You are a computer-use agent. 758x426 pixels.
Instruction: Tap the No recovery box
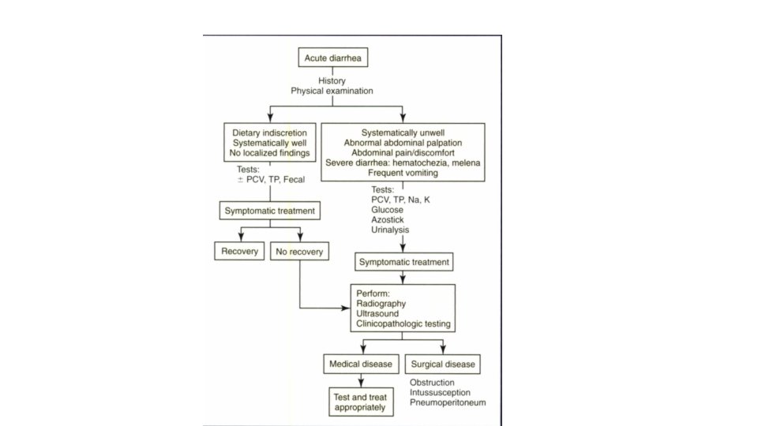[x=299, y=252]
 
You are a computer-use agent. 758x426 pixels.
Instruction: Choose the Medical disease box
[x=359, y=364]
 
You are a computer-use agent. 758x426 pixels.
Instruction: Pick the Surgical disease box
[x=442, y=364]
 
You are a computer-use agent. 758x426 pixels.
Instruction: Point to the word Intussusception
[x=441, y=393]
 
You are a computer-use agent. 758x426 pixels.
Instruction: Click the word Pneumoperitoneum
[x=447, y=403]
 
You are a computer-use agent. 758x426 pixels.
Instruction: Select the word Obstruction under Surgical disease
[x=432, y=383]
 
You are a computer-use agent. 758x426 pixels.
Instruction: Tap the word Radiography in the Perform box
[x=381, y=302]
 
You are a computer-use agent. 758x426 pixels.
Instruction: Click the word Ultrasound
[x=377, y=313]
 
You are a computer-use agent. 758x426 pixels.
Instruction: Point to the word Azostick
[x=388, y=221]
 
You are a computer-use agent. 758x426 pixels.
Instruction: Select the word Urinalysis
[x=391, y=231]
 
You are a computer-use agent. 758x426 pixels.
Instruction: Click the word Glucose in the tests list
[x=388, y=211]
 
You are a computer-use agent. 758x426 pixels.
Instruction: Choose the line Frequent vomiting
[x=403, y=172]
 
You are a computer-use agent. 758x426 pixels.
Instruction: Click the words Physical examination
[x=332, y=91]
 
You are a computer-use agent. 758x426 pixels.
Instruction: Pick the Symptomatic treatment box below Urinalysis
[x=403, y=262]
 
